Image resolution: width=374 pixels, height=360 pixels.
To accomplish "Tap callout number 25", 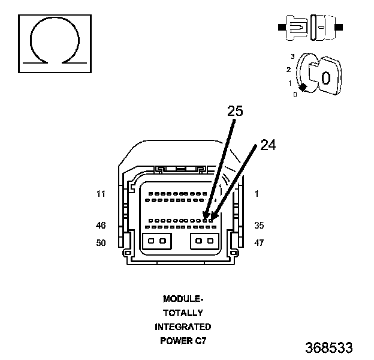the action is pos(235,111).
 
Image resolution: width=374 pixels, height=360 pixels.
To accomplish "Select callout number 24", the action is pos(268,145).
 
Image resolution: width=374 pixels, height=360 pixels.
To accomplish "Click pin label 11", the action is pos(101,194).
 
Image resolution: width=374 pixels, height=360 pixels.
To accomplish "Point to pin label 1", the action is pos(257,194).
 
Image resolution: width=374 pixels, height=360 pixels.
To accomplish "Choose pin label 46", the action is pos(101,226).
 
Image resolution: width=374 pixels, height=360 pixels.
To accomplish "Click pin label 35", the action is pos(259,226).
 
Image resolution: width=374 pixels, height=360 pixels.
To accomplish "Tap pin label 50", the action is pos(101,243).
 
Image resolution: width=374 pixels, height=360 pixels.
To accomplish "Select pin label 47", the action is pos(259,243).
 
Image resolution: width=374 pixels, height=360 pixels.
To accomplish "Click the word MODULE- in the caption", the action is pos(183,299).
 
